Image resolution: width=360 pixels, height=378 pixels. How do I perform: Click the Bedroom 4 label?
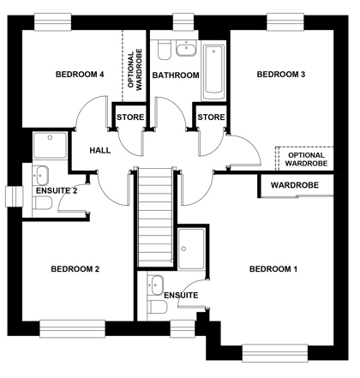[x=80, y=75]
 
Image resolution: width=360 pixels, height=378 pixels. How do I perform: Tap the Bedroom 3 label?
[x=281, y=75]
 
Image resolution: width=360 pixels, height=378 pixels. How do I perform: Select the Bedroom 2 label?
[x=75, y=269]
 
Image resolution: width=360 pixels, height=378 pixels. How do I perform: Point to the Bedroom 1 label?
[x=273, y=269]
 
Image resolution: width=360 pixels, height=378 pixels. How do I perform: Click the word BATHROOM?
[x=176, y=75]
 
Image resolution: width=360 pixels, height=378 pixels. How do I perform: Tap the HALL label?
[x=100, y=151]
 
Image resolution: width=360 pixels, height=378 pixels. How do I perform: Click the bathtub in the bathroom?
[x=213, y=70]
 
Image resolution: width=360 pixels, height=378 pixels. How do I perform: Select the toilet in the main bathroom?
[x=165, y=50]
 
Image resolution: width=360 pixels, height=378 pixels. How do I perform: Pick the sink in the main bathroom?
[x=186, y=48]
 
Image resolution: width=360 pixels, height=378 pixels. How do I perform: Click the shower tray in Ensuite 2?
[x=51, y=145]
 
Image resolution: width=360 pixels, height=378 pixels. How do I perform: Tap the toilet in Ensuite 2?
[x=42, y=203]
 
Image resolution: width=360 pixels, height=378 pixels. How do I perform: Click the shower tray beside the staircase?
[x=191, y=249]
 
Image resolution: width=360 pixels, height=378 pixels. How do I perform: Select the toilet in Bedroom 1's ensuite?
[x=157, y=307]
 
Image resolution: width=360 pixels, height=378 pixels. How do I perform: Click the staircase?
[x=155, y=217]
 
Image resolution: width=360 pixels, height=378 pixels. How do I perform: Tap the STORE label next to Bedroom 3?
[x=211, y=117]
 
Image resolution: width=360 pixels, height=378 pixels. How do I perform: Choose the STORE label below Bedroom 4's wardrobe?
[x=130, y=117]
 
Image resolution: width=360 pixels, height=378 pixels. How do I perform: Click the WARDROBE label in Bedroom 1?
[x=295, y=185]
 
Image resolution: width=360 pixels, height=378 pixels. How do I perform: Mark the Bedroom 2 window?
[x=72, y=328]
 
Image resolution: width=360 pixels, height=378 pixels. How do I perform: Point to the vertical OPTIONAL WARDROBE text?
[x=135, y=69]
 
